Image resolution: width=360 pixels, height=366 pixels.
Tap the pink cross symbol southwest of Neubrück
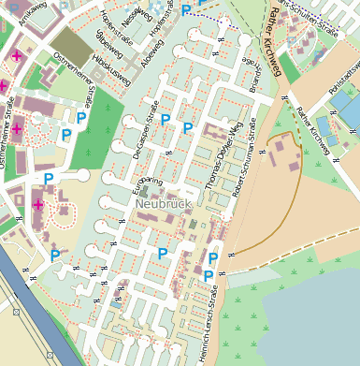pos(38,205)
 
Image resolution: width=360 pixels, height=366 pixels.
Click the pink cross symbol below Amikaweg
pos(16,56)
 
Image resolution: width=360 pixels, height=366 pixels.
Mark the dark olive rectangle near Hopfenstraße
pos(67,43)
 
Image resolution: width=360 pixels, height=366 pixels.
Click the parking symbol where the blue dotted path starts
pos(186,10)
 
